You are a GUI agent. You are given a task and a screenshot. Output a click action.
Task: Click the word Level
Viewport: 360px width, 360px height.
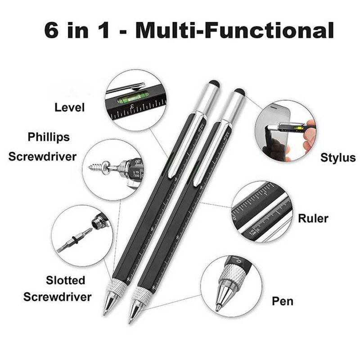[x=70, y=108]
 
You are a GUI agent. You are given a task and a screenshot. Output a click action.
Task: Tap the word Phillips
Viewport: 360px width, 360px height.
[x=49, y=137]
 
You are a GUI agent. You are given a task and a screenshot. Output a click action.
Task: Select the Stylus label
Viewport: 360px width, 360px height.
[x=338, y=158]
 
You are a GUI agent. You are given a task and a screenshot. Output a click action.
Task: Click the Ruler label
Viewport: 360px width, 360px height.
[x=313, y=218]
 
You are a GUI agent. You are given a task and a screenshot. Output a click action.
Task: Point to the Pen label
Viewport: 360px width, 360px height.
[x=283, y=301]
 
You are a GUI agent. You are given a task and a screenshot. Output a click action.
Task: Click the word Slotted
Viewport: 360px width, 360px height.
[x=65, y=280]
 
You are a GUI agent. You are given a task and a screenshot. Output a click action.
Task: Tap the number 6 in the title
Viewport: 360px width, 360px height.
[x=51, y=30]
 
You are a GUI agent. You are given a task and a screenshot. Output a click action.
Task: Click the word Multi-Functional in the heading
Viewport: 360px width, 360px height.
[x=234, y=30]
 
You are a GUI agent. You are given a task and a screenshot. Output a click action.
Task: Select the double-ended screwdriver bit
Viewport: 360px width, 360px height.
[x=75, y=240]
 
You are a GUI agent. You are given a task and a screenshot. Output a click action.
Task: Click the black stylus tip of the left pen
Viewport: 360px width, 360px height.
[x=215, y=84]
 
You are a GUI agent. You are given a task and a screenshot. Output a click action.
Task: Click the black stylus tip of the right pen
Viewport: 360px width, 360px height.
[x=240, y=92]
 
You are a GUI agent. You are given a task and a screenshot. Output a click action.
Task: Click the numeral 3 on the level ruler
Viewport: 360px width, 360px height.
[x=132, y=106]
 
